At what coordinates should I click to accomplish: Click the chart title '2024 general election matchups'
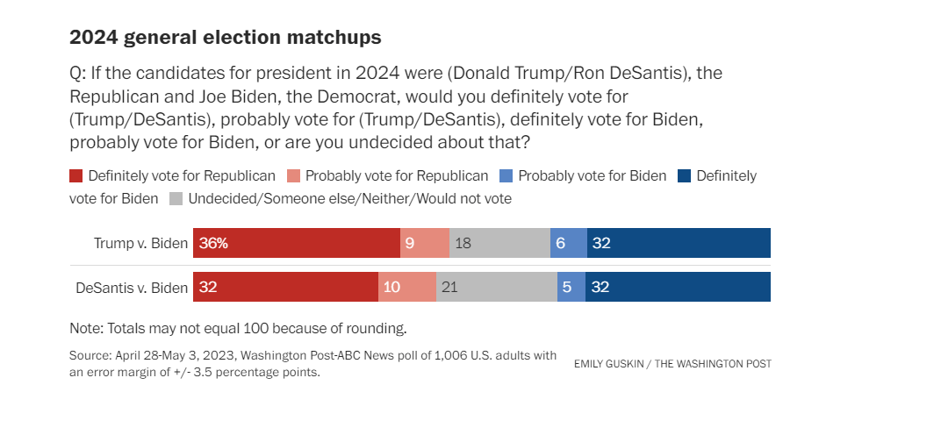coord(226,38)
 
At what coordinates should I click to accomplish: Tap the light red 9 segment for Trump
coord(425,243)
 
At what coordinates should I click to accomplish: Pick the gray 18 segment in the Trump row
coord(499,243)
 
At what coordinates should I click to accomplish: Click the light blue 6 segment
coord(568,243)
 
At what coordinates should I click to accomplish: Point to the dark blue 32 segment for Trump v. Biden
coord(679,243)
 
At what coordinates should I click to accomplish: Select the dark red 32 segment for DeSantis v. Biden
coord(285,287)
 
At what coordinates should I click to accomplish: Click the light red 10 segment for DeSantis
coord(407,287)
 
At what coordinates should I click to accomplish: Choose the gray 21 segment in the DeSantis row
coord(496,287)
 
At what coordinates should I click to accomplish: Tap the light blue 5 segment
coord(571,287)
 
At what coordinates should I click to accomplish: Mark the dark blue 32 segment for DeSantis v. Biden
coord(679,287)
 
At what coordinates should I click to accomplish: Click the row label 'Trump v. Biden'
coord(140,243)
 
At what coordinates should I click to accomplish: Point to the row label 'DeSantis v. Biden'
coord(132,288)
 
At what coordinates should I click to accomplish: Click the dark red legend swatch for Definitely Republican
coord(76,175)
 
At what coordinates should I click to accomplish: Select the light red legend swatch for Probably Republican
coord(294,175)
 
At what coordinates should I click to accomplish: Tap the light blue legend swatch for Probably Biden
coord(506,175)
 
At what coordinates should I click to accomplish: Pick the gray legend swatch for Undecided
coord(176,198)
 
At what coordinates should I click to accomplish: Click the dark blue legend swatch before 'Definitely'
coord(685,175)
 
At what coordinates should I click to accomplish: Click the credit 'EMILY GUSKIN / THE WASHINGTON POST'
coord(672,363)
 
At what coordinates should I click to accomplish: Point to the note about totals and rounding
coord(238,329)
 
